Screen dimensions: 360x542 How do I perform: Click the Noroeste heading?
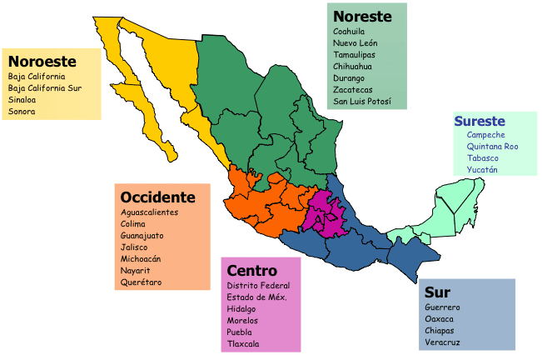(42, 62)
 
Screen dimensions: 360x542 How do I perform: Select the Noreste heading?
(362, 16)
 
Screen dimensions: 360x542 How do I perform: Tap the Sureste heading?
(480, 122)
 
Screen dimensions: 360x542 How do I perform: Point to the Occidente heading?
(157, 197)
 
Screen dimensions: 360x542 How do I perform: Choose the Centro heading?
(251, 271)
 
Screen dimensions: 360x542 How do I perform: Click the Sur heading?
(437, 292)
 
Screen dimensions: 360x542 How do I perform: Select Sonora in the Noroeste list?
(22, 110)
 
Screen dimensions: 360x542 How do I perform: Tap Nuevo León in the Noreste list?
(355, 43)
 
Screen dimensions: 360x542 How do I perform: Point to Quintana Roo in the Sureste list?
(492, 147)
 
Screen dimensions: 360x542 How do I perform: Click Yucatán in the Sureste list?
(482, 170)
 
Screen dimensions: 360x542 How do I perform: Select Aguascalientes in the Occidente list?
(150, 212)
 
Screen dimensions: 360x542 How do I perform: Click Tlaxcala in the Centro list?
(243, 344)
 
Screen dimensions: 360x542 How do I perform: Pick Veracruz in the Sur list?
(442, 342)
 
